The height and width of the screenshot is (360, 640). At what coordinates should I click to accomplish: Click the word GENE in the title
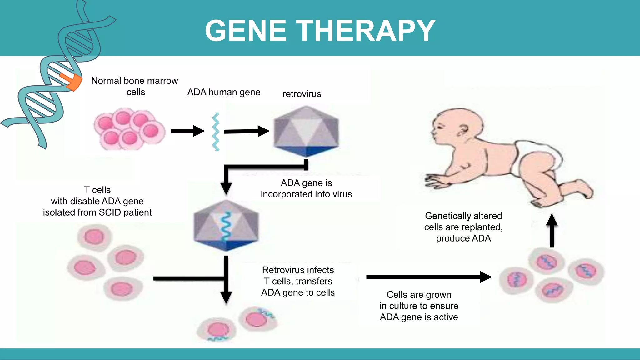[246, 31]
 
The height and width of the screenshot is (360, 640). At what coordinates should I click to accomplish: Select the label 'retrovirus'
[302, 94]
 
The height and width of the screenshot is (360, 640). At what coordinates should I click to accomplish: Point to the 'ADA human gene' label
[223, 92]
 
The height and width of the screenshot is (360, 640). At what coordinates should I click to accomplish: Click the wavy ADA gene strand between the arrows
[216, 132]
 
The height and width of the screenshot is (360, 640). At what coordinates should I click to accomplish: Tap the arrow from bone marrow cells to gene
[187, 131]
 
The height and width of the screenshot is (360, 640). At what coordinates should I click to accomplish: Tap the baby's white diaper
[534, 156]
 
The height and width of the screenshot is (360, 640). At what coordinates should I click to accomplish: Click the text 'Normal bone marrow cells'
[135, 86]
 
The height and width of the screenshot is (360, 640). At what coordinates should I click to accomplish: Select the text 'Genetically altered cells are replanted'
[463, 222]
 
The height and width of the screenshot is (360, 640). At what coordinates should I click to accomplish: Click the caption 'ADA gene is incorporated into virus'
[306, 188]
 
